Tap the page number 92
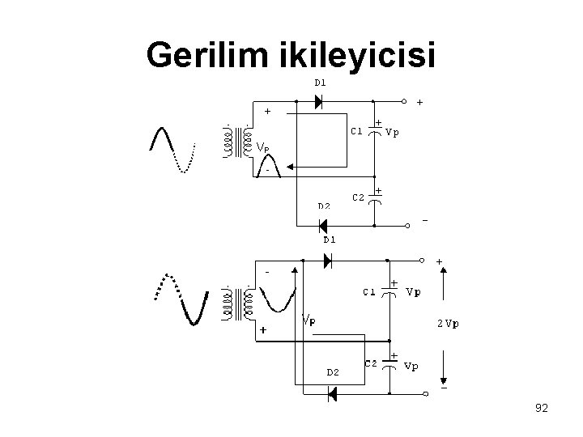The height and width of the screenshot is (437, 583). [541, 409]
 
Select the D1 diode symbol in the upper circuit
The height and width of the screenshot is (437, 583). [317, 101]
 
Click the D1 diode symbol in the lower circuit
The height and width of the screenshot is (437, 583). [327, 261]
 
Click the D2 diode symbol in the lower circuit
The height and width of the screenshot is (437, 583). [331, 394]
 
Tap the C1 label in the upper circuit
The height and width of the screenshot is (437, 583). [356, 130]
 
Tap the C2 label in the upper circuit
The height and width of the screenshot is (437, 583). [356, 197]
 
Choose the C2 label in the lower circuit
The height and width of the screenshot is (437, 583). [372, 363]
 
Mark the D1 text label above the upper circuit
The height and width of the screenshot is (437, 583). [321, 82]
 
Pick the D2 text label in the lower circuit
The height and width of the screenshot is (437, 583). [332, 372]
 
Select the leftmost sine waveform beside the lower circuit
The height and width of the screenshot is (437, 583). [180, 297]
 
